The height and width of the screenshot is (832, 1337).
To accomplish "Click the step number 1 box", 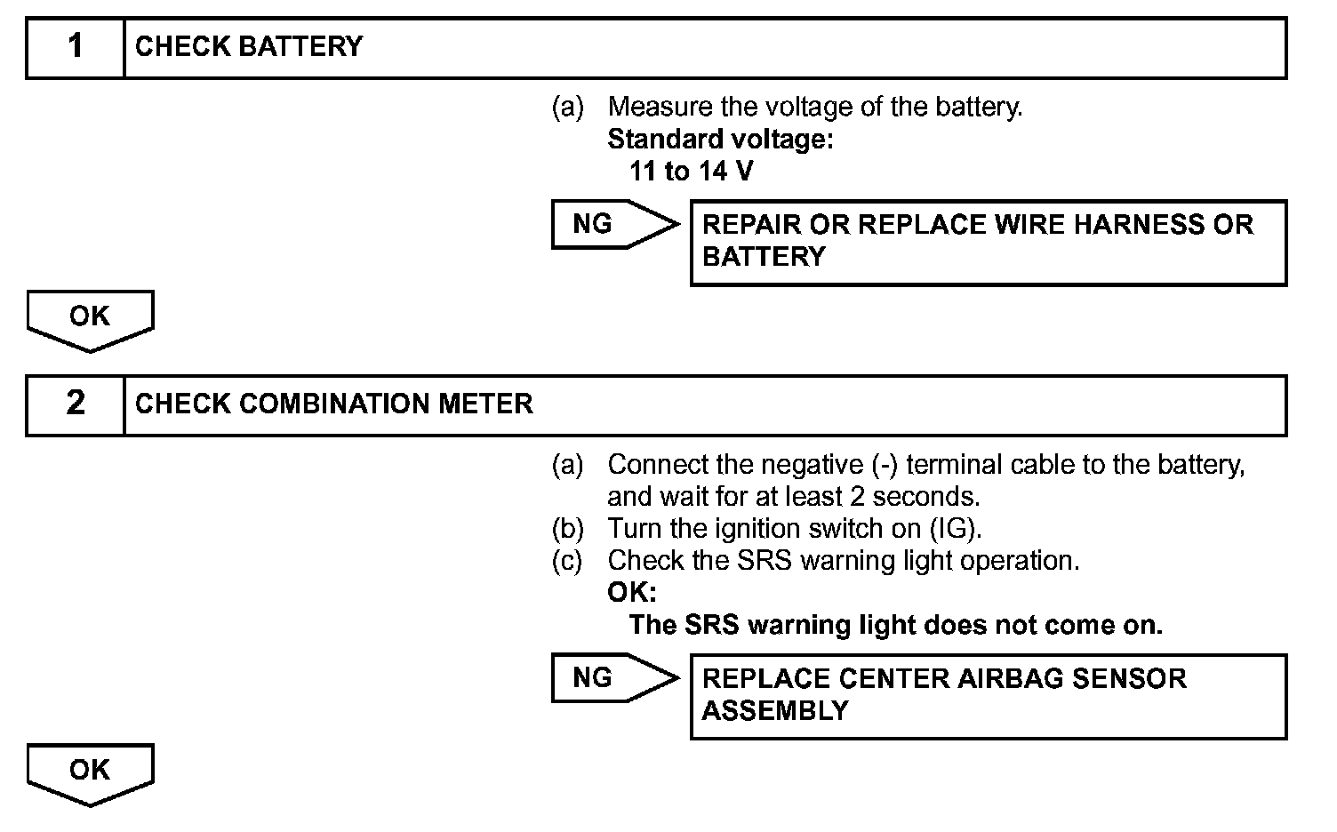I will pos(76,46).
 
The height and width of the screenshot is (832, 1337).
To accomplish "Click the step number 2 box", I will pos(76,404).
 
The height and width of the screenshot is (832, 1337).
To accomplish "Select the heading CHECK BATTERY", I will pos(249,46).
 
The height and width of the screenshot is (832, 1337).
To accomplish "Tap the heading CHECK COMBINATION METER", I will pos(334,404).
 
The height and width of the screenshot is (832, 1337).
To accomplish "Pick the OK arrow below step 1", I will pos(90,319).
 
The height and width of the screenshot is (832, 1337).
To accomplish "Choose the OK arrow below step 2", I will pos(90,772).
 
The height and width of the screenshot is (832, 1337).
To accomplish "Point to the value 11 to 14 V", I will pos(691,171).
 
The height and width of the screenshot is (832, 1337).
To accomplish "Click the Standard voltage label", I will pos(720,139).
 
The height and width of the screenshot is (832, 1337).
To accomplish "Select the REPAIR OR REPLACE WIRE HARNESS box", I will pos(988,242).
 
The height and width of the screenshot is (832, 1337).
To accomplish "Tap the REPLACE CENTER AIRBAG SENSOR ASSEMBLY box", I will pos(988,696).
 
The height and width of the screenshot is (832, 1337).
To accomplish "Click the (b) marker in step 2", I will pos(567,529).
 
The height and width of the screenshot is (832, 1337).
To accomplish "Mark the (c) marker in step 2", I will pos(567,561).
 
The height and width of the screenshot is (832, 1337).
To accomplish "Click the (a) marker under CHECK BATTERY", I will pos(567,108).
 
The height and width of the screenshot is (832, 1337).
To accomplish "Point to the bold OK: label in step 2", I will pos(631,593).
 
